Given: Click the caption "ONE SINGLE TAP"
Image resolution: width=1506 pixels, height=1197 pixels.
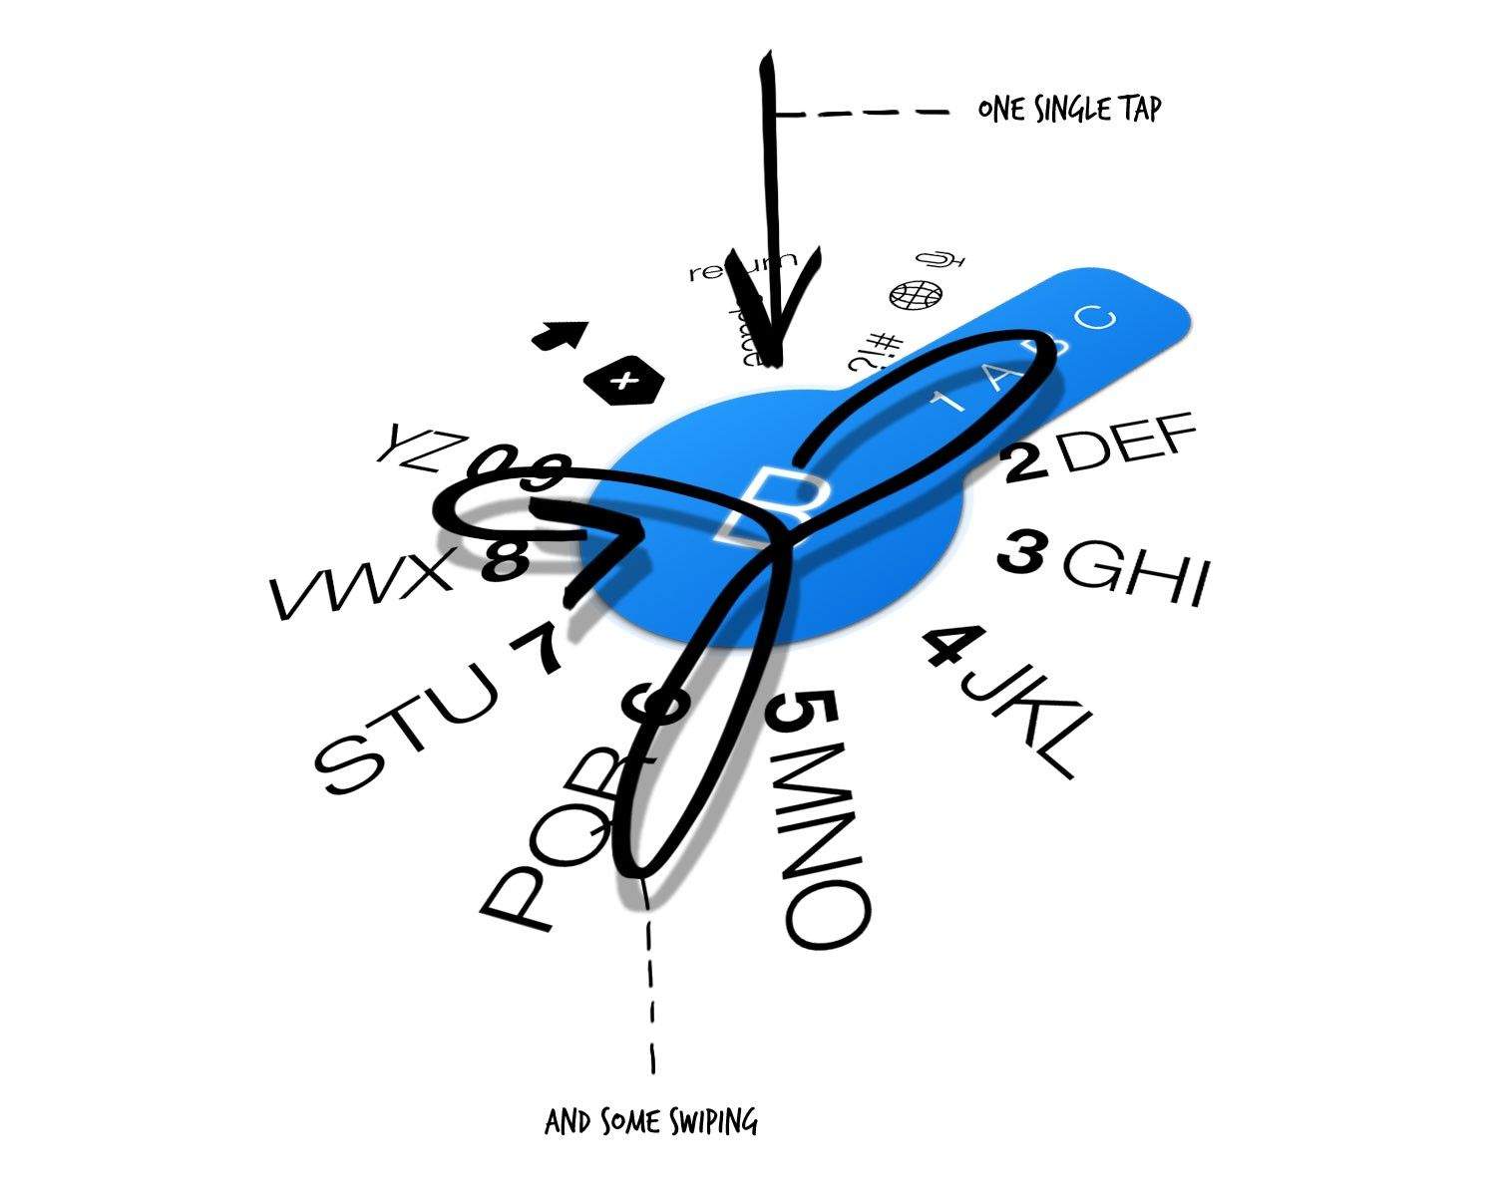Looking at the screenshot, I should coord(1069,109).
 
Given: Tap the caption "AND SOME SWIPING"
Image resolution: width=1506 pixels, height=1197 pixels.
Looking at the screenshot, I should coord(650,1123).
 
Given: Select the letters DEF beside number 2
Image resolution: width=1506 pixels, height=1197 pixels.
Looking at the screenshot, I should coord(1127,446).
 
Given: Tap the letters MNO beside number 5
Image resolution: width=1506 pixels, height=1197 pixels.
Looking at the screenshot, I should coord(822,858).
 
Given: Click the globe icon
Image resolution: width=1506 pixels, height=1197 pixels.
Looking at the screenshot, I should coord(915,296).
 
